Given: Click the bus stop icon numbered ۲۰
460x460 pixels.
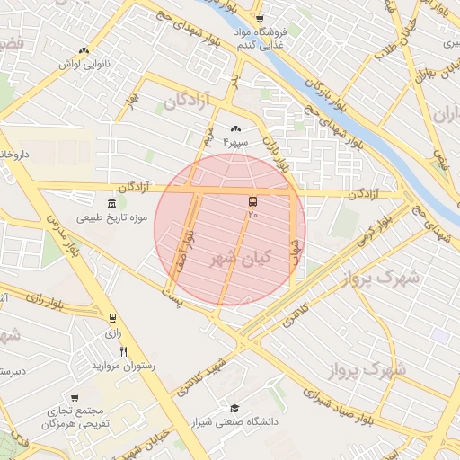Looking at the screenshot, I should click(x=252, y=201).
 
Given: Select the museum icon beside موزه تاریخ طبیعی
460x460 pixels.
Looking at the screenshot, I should click(x=111, y=203).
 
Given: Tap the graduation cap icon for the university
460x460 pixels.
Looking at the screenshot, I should click(x=234, y=408).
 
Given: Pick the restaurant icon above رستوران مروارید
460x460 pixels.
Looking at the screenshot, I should click(x=124, y=351).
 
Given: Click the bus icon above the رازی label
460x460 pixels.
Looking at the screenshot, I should click(x=112, y=318).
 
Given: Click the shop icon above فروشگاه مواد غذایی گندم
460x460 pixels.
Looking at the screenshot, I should click(x=260, y=18).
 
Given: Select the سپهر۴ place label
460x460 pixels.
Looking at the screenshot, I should click(x=236, y=142).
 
